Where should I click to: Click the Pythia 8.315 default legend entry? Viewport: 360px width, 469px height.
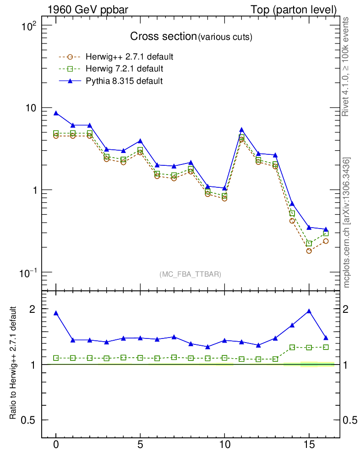pos(124,81)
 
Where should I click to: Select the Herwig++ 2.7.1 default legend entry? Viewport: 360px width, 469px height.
pos(129,57)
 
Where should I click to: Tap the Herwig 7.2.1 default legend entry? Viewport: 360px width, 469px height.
pos(124,69)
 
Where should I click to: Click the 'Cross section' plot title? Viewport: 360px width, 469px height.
pos(163,37)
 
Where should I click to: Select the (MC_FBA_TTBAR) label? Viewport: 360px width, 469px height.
pos(190,274)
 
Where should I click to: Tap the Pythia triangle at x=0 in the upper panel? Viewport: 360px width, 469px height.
pos(56,113)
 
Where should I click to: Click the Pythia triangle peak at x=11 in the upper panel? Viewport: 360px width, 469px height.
pos(241,130)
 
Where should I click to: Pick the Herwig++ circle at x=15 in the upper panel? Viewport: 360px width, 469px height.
pos(309,251)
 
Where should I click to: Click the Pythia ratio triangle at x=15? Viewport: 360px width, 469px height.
pos(309,311)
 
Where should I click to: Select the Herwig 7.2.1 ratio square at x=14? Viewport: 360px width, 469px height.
pos(292,348)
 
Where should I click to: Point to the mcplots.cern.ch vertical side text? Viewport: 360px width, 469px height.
pos(347,222)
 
